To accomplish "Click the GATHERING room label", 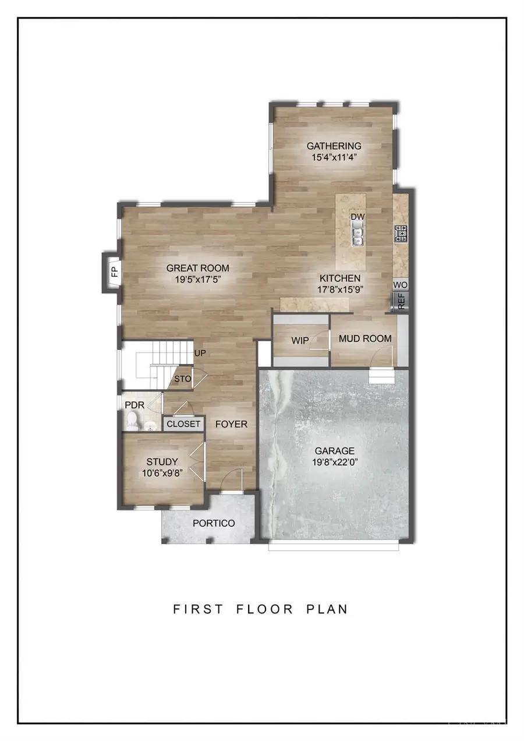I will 334,146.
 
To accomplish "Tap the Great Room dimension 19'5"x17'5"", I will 198,279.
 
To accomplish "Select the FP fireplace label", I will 115,271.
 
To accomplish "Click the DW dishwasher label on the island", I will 357,217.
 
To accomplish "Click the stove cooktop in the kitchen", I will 401,234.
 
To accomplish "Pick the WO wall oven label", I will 400,285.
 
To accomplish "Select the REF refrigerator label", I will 401,300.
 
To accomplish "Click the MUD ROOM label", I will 365,338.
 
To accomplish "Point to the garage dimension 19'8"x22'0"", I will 334,461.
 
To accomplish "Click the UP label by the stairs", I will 200,353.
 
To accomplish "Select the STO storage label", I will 183,379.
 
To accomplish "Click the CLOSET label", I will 183,424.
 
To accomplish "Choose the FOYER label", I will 231,424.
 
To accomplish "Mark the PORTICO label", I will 214,523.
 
